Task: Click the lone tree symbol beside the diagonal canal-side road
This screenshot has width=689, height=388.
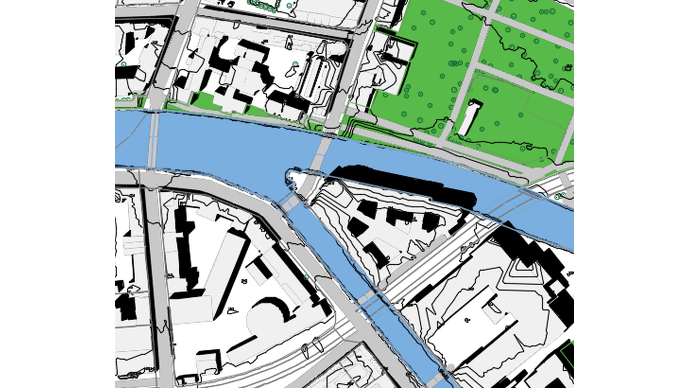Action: click(x=306, y=277)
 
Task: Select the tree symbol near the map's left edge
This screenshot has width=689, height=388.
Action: click(x=123, y=64)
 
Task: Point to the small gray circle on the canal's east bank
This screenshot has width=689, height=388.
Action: click(x=451, y=367)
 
